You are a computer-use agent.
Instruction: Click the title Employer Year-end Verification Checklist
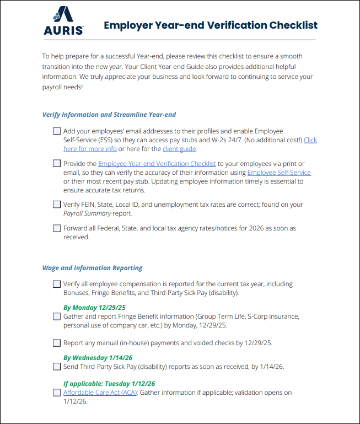click(x=211, y=25)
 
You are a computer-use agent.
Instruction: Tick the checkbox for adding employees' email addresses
click(x=57, y=131)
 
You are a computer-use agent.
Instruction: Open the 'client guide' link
click(x=179, y=149)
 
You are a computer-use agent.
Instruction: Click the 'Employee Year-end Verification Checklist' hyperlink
click(x=157, y=164)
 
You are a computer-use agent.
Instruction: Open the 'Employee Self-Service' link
click(x=279, y=173)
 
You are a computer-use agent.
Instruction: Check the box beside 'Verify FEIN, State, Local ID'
click(x=57, y=204)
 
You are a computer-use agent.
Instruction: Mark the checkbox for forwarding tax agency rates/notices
click(x=57, y=228)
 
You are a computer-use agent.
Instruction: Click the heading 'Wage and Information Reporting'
click(x=93, y=268)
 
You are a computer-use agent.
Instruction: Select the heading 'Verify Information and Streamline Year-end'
click(x=109, y=115)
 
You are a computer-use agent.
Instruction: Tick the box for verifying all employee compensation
click(x=57, y=284)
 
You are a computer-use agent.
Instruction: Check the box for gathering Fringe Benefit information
click(x=57, y=316)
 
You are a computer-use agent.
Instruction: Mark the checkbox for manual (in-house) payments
click(x=57, y=342)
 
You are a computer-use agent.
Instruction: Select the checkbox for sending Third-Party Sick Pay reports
click(x=57, y=366)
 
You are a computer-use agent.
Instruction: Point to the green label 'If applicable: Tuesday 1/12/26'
click(x=109, y=384)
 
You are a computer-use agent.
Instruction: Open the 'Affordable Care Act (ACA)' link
click(x=100, y=393)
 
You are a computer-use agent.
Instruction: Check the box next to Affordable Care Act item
click(x=57, y=393)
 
